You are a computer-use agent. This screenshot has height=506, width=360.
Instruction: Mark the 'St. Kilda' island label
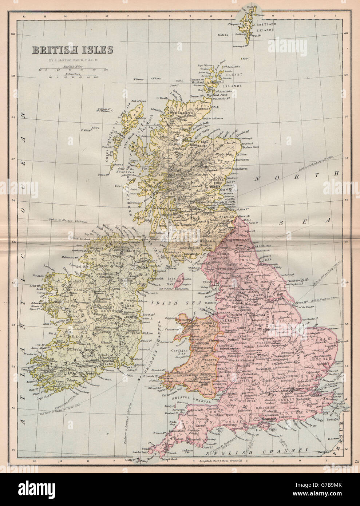pos(86,130)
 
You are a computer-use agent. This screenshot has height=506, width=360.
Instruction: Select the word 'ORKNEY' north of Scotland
pos(233,75)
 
